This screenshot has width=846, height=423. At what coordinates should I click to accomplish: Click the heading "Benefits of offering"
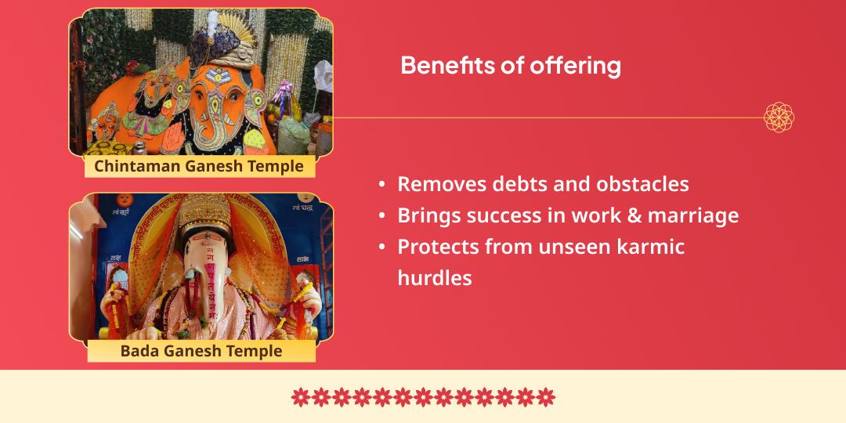point(510,66)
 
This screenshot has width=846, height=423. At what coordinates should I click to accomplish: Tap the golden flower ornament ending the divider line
point(779,117)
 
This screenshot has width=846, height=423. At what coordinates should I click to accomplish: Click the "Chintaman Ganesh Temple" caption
point(199,166)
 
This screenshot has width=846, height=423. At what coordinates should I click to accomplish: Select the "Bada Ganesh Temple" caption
point(201,350)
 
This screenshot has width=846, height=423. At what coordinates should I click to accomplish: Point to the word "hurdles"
point(435,277)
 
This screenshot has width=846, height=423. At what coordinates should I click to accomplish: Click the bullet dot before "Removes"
point(381,185)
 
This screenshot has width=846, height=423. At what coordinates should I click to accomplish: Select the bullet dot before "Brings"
point(381,216)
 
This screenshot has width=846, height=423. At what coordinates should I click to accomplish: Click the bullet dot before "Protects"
point(381,248)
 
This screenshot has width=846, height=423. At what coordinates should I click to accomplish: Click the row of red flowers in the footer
point(423,397)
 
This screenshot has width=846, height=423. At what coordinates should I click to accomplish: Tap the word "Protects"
point(437,247)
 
